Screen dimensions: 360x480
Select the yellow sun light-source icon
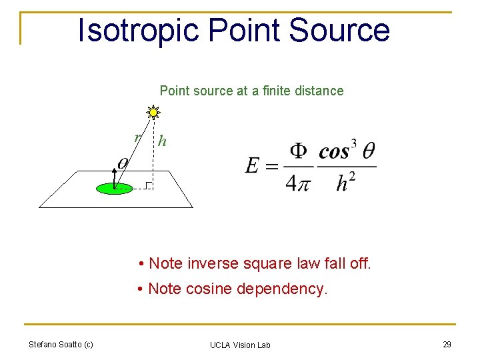tap(153, 112)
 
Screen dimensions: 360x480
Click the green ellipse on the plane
tap(115, 189)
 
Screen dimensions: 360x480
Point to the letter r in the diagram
tap(137, 137)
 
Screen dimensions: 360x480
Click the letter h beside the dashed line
tap(162, 141)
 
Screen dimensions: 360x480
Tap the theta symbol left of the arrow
tap(123, 163)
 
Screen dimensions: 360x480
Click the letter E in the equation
tap(253, 165)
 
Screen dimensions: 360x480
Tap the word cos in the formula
tap(334, 152)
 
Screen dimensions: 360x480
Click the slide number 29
tap(446, 344)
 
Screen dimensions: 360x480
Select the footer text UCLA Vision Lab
tap(240, 345)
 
